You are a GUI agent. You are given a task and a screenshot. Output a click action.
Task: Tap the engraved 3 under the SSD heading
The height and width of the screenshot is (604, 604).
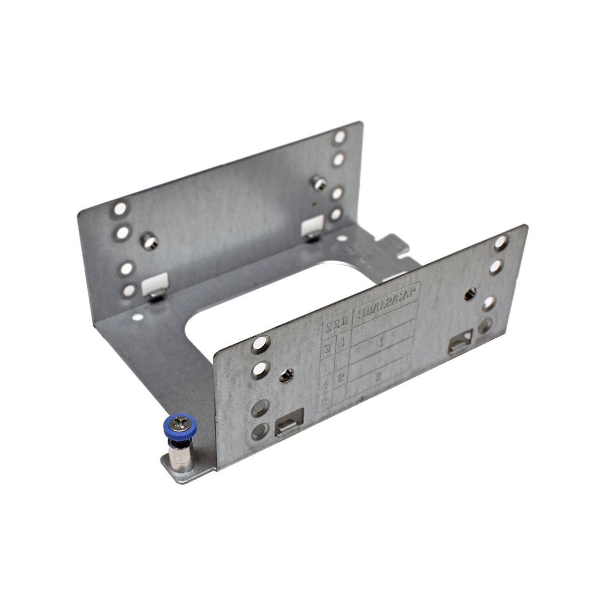point(328,348)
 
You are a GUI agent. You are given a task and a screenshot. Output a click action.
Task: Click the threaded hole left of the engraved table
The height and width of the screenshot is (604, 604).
point(285,375)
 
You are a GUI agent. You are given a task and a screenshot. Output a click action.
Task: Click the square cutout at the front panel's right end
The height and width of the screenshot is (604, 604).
point(461,342)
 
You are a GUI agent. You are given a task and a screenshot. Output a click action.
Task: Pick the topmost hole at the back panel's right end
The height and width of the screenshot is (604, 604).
point(340,136)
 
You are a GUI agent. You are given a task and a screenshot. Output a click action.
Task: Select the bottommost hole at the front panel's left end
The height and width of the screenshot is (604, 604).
point(259,431)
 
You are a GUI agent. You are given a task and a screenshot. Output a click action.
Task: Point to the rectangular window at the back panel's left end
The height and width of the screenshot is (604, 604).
point(155,284)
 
